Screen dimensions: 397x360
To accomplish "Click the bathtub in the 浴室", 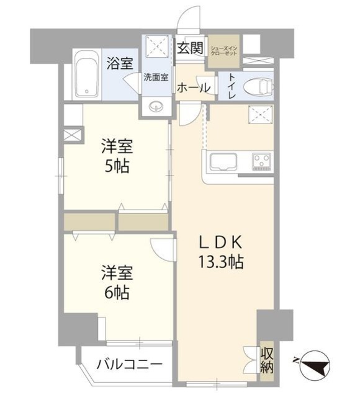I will pos(86,77).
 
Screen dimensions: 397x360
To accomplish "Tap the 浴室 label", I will pos(119,63).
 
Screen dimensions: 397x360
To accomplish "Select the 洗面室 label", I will pos(155,78).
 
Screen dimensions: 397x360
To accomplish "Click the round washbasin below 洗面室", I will pos(155,106).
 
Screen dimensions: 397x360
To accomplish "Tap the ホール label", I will pos(193,89).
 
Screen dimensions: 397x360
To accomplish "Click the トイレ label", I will pos(230,87).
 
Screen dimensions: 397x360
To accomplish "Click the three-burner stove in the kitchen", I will pos(262,162).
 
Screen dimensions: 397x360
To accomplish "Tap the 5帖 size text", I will pos(117,167).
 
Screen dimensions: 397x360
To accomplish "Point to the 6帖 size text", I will pos(117,292).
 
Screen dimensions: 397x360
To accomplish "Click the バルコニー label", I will pos(129,364).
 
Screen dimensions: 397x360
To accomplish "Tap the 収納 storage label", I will pos(267,360).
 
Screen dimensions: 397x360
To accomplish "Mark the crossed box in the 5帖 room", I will pos(73,134).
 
